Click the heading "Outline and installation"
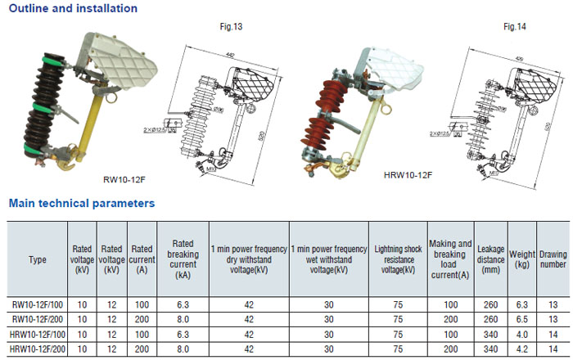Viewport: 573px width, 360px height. (73, 8)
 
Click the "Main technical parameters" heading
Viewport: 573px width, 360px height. (81, 203)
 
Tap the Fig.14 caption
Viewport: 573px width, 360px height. (514, 27)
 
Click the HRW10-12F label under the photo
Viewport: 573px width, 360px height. (408, 174)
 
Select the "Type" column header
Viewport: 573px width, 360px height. (38, 259)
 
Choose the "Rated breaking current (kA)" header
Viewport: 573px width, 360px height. (183, 259)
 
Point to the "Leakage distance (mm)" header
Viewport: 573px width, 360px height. (490, 259)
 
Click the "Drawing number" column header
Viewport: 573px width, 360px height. (553, 259)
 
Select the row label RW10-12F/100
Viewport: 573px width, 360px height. (38, 305)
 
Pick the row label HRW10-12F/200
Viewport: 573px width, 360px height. (38, 349)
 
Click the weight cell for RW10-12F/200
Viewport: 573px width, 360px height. (522, 320)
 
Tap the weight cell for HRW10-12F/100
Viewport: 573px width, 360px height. (522, 335)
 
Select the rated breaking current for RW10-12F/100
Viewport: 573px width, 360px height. (183, 305)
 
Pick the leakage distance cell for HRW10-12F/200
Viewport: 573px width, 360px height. (490, 349)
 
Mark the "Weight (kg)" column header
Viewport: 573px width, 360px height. (522, 259)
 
